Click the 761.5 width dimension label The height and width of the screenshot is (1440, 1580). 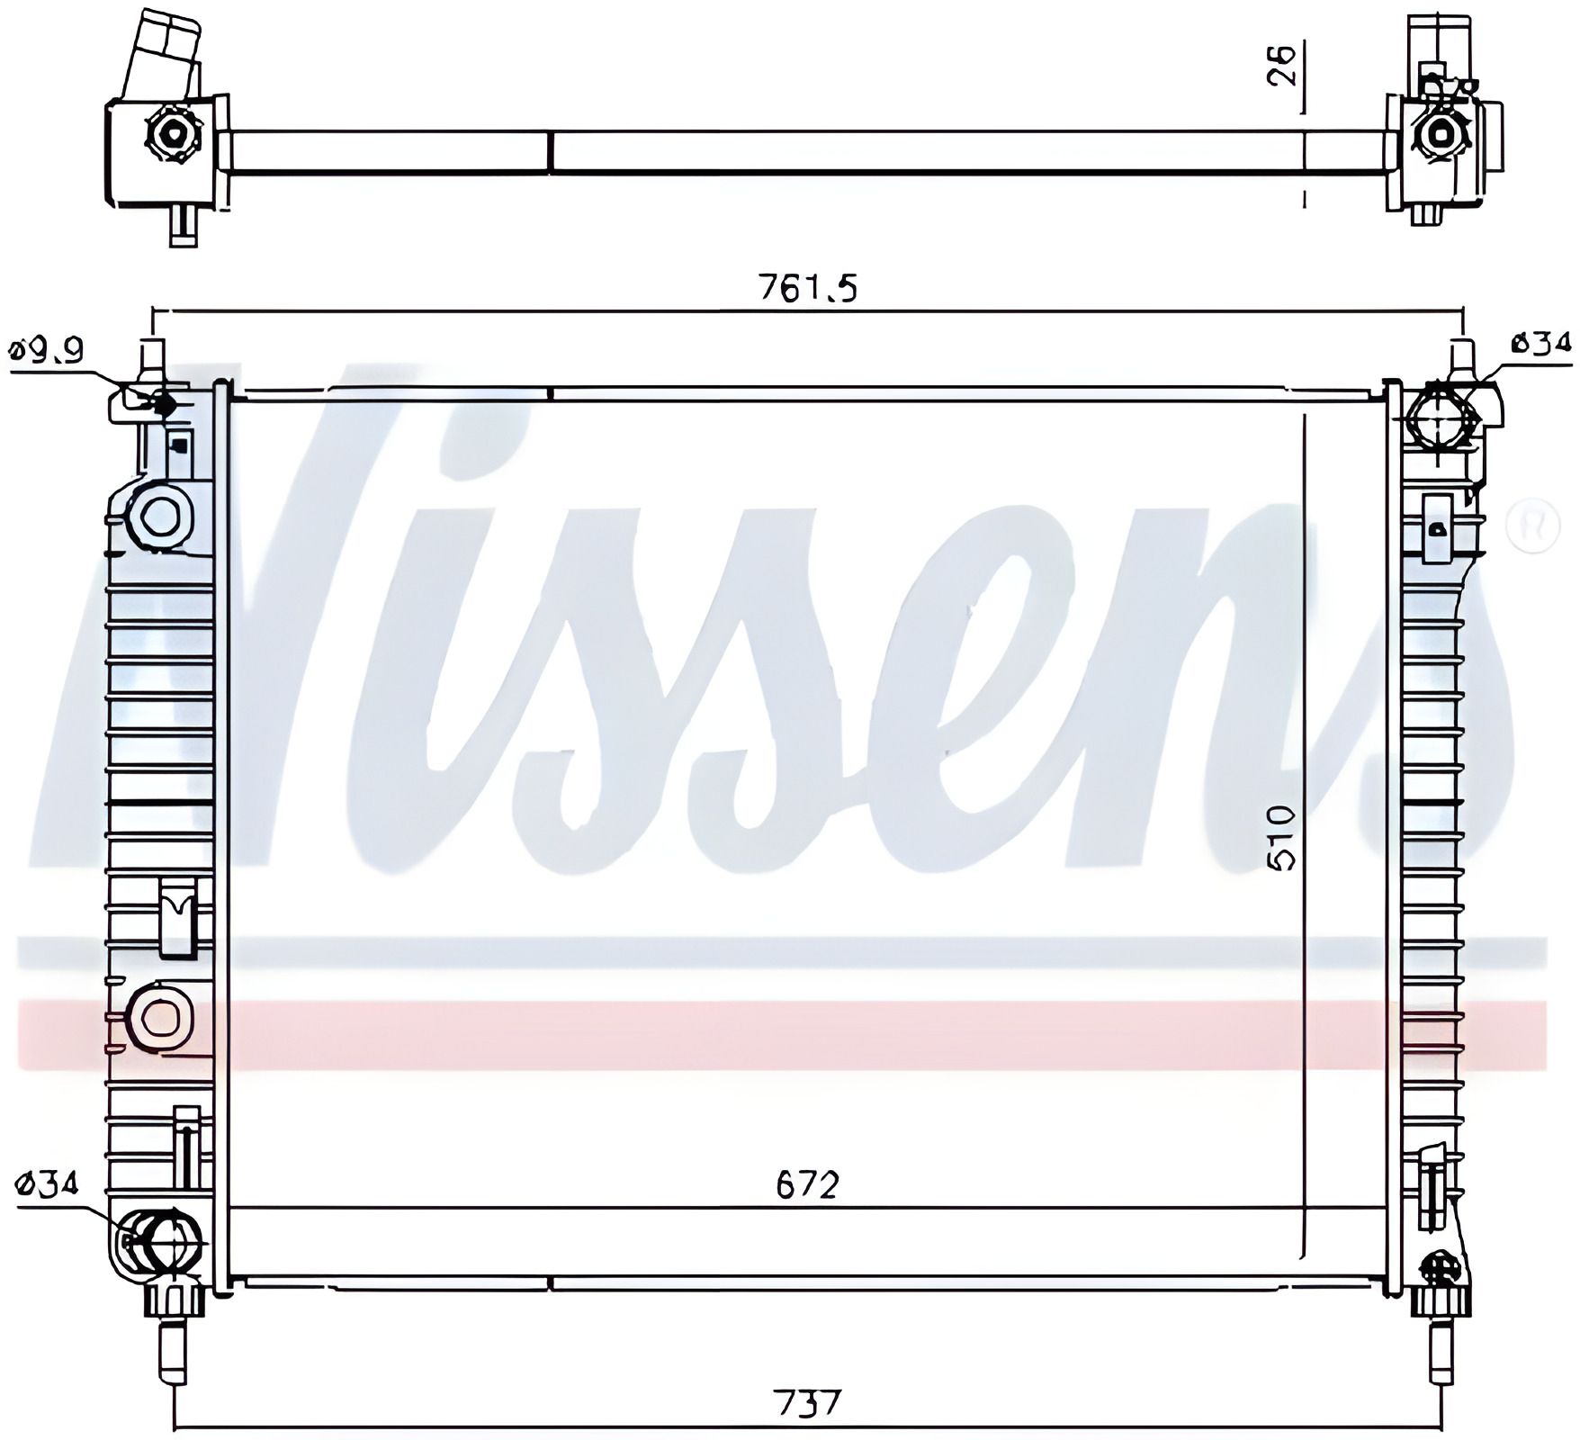tap(808, 288)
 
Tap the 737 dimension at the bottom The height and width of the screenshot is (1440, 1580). tap(808, 1402)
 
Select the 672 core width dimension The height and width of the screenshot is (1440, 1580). tap(807, 1184)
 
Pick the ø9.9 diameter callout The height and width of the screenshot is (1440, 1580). tap(46, 348)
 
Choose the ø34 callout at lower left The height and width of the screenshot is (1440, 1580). tap(48, 1183)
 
